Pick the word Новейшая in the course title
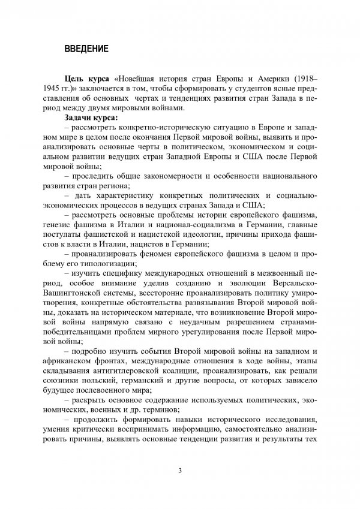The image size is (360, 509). pos(139,79)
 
